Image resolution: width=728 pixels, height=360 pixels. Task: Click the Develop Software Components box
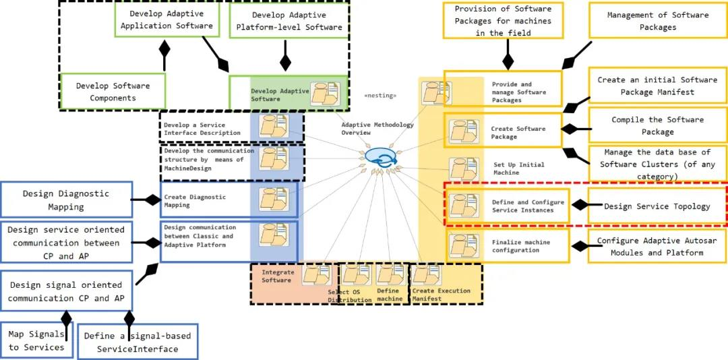113,91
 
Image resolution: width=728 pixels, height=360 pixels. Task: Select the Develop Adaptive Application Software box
166,20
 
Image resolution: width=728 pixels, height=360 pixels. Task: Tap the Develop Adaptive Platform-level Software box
289,21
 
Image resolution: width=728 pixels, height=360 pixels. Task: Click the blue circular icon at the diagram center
380,157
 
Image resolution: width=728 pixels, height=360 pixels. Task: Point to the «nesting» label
381,96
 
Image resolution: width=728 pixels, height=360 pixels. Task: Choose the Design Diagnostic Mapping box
66,200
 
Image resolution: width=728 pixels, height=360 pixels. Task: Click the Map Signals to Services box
36,340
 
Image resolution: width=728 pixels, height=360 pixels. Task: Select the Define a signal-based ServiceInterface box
138,342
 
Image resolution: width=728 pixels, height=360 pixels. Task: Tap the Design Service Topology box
657,206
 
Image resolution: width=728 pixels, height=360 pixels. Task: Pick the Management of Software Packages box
658,21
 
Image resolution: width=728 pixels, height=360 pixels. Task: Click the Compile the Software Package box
657,125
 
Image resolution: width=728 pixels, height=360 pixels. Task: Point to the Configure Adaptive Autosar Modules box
657,246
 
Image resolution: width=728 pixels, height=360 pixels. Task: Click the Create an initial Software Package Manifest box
657,86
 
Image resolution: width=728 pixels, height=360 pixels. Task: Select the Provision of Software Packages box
503,20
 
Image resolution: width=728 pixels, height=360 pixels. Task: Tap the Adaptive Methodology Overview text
377,129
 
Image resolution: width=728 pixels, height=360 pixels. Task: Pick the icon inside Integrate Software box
317,274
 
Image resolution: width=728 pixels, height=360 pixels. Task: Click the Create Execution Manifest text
441,295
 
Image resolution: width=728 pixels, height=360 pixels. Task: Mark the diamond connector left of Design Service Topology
580,205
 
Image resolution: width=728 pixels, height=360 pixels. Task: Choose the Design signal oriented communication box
66,291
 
